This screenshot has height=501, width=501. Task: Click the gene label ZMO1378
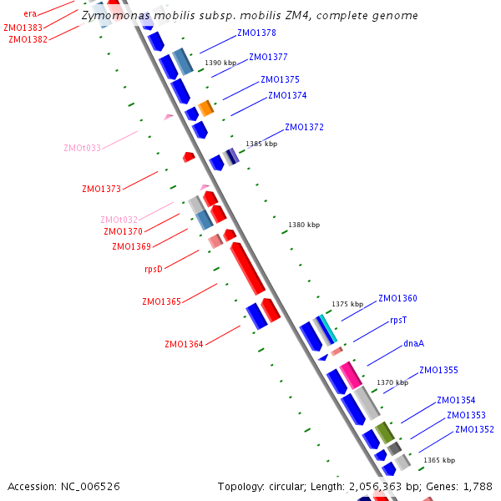(x=256, y=33)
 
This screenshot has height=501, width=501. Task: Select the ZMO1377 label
(x=268, y=58)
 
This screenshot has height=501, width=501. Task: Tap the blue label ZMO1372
(x=304, y=128)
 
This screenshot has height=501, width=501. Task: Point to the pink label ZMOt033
(x=82, y=149)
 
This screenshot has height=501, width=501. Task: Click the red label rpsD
(x=153, y=269)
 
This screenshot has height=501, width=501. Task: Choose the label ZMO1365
(x=161, y=301)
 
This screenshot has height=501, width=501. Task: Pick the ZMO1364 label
(x=184, y=344)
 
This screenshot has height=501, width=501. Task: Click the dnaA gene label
(x=414, y=343)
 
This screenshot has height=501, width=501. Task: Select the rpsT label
(x=398, y=321)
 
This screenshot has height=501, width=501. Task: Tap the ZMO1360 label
(x=397, y=298)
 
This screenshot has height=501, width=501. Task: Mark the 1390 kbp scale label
(x=220, y=63)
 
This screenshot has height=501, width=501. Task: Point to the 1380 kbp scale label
(x=304, y=225)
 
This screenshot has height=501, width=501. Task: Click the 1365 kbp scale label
(x=438, y=460)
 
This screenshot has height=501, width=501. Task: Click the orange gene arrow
(x=205, y=108)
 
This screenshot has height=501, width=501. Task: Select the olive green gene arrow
(x=384, y=433)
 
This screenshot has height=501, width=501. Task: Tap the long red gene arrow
(x=248, y=268)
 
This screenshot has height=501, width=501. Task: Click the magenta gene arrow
(x=350, y=375)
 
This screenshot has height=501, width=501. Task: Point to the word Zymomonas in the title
(x=112, y=16)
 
